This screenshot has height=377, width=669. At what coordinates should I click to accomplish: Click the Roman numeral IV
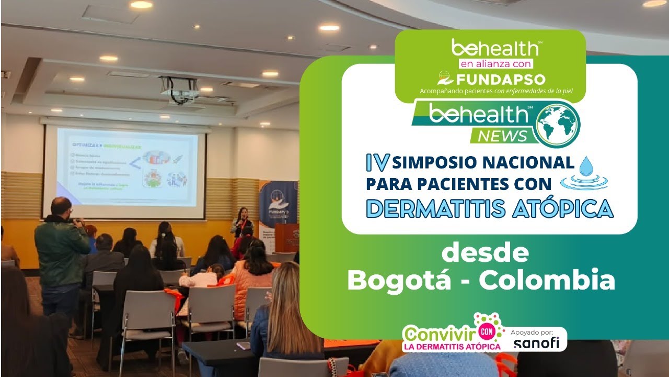click(x=377, y=163)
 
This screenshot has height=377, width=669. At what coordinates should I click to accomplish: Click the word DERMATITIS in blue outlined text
click(x=435, y=208)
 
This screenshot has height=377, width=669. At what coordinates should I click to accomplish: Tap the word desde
click(x=485, y=253)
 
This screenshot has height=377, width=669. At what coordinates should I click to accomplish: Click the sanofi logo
click(x=536, y=343)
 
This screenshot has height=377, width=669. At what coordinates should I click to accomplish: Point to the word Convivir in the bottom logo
click(x=438, y=333)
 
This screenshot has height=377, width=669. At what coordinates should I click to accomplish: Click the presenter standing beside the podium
click(x=243, y=222)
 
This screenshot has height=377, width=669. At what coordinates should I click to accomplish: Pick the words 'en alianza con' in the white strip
click(x=495, y=64)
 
